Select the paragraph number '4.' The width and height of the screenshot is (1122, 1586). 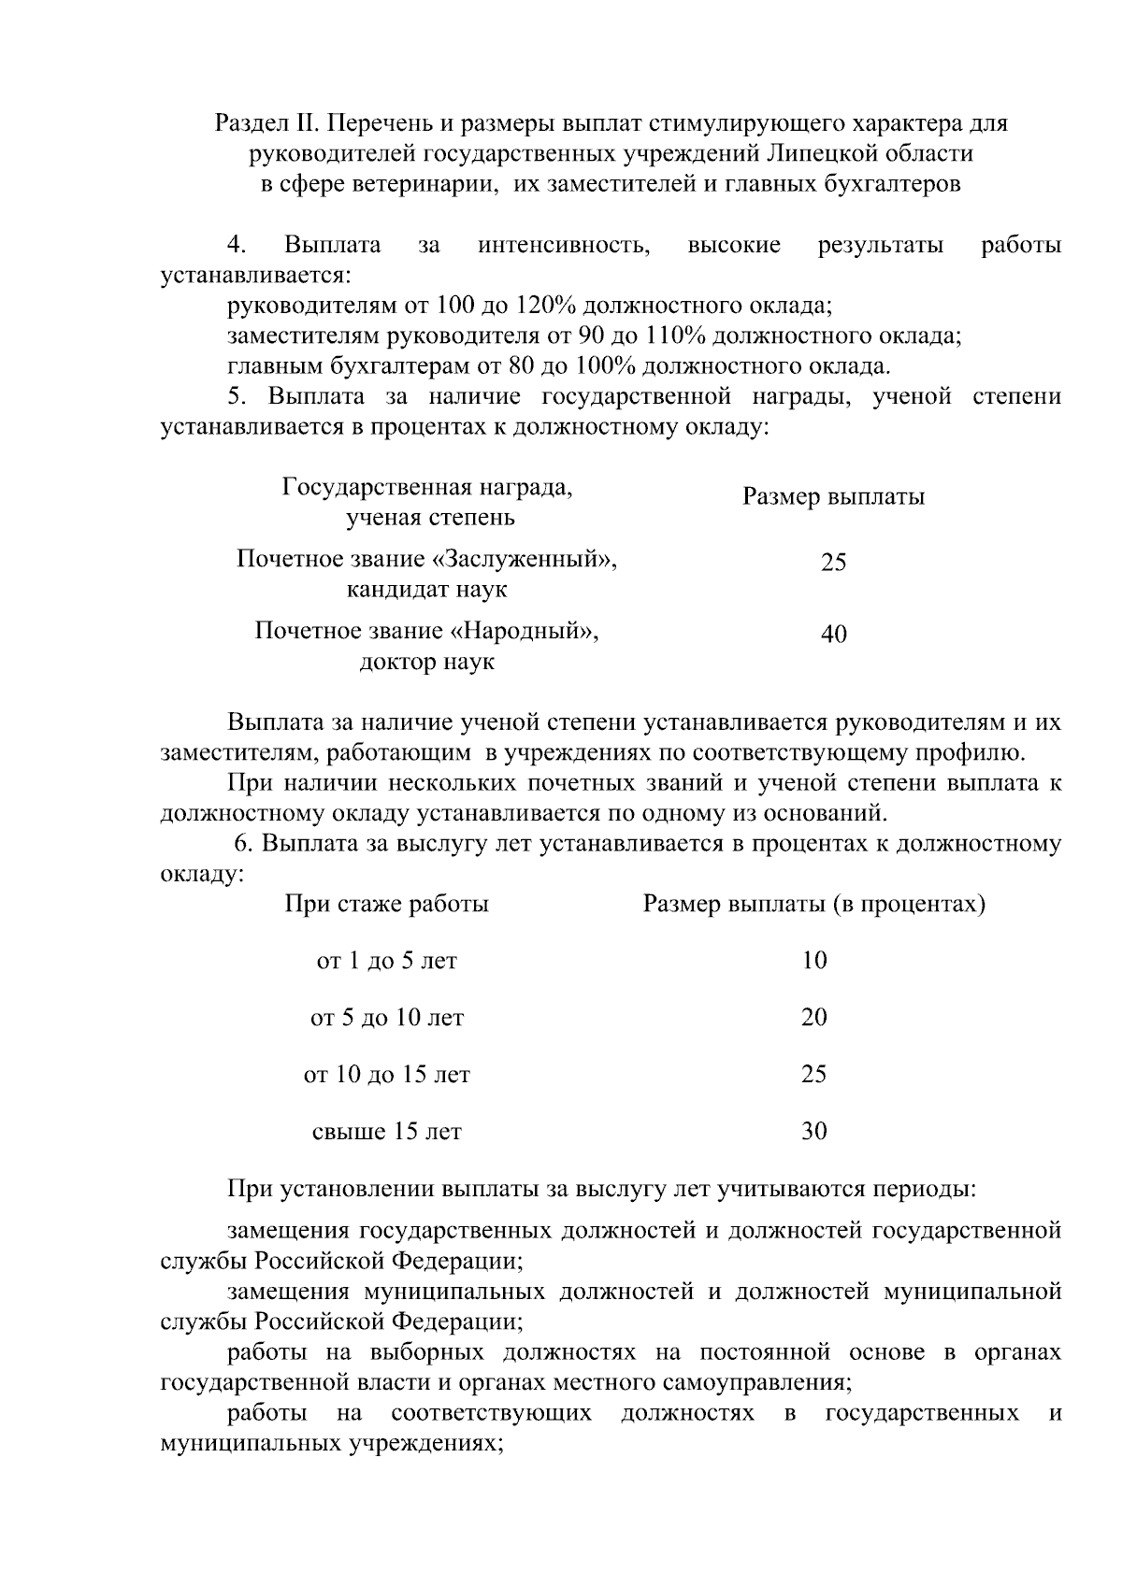237,246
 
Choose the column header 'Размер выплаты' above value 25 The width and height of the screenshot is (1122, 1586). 833,497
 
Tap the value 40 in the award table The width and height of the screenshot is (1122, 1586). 833,635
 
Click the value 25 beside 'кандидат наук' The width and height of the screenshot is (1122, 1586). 833,563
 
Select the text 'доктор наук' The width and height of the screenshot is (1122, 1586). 427,663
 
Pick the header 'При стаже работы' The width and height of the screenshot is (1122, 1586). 386,905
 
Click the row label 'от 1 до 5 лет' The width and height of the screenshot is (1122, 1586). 386,961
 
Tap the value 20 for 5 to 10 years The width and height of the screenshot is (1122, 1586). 813,1018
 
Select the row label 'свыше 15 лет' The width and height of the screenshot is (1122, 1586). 386,1133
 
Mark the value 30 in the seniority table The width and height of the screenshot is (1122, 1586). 813,1132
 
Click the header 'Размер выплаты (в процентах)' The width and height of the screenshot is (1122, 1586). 813,905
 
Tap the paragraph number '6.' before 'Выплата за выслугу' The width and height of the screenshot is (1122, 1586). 244,844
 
